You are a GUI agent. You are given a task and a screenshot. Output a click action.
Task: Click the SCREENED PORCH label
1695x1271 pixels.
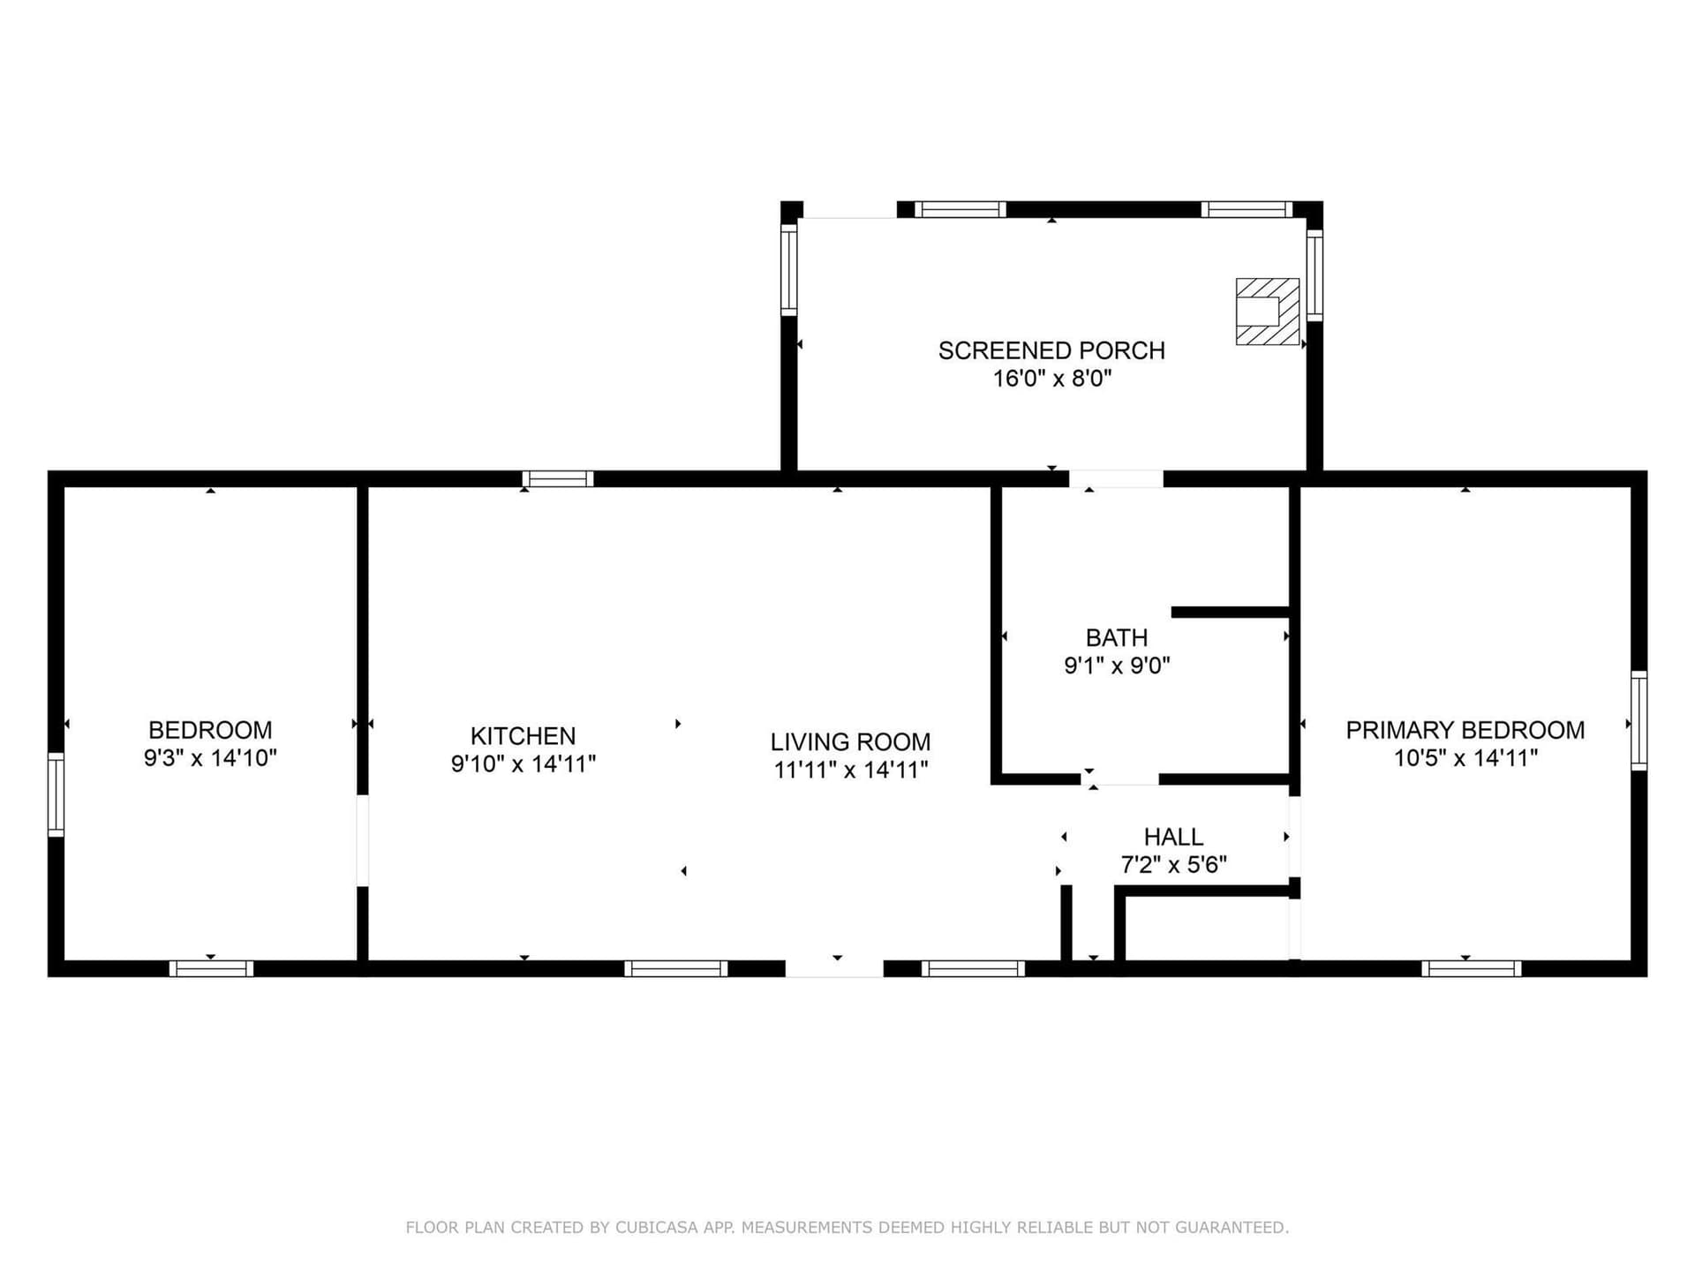click(x=1051, y=350)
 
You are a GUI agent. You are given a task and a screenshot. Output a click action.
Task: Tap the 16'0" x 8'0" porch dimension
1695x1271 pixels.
click(x=1051, y=379)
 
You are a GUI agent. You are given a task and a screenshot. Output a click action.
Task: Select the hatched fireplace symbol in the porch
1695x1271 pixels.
click(x=1268, y=312)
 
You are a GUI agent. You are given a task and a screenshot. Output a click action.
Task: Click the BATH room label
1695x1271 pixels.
click(x=1117, y=637)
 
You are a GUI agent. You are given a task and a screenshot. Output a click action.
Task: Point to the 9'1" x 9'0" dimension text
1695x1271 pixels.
click(x=1117, y=666)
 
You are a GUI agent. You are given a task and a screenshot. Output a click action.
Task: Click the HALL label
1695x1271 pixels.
click(x=1173, y=837)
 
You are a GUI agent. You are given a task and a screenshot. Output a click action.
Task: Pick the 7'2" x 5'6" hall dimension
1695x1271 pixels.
click(x=1173, y=865)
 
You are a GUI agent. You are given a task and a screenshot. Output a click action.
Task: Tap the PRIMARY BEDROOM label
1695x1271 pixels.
click(x=1465, y=730)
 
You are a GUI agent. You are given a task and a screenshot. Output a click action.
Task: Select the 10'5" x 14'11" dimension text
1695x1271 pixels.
click(x=1465, y=758)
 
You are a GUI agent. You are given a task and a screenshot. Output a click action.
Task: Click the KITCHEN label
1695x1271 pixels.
click(x=523, y=736)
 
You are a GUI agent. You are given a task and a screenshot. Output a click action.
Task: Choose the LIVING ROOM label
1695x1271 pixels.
click(x=850, y=742)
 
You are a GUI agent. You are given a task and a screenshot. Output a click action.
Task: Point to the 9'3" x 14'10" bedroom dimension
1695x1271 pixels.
click(x=210, y=758)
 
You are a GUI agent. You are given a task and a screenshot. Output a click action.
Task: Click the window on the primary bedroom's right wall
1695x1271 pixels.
click(x=1638, y=720)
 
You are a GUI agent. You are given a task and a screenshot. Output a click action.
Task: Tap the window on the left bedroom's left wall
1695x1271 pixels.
click(x=56, y=794)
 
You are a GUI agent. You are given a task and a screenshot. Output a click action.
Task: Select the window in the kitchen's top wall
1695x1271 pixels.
click(x=558, y=479)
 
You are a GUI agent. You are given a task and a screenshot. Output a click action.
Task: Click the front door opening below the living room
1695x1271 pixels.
click(x=834, y=968)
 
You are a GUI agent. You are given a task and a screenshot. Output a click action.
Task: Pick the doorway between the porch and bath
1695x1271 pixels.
click(x=1116, y=479)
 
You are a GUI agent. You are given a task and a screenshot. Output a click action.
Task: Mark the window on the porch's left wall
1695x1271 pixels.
click(x=789, y=269)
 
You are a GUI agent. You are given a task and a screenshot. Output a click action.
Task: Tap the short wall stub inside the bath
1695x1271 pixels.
click(x=1231, y=612)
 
